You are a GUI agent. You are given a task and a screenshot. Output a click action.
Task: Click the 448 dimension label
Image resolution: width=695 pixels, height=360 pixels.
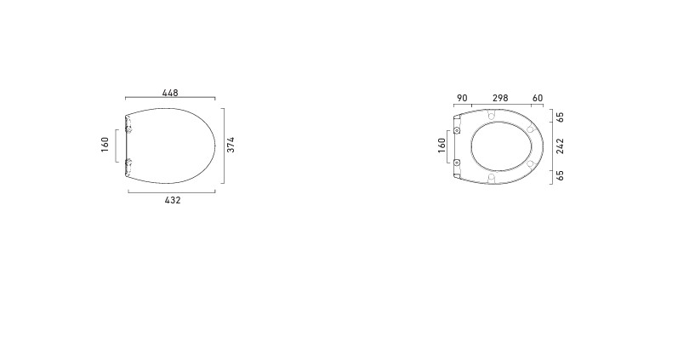coord(170,93)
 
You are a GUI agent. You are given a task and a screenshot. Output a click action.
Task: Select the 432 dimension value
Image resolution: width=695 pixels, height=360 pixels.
coord(173,200)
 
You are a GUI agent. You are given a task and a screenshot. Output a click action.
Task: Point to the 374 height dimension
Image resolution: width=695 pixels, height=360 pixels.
coord(231,145)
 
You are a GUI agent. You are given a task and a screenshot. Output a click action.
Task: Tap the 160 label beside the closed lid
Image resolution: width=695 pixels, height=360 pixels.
coord(105,145)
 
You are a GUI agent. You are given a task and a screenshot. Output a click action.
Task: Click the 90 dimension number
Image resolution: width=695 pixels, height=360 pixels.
coord(462,98)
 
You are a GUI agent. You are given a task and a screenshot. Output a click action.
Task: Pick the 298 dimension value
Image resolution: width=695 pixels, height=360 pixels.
coord(500,98)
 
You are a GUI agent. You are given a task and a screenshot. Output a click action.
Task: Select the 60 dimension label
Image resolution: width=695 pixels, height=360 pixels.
coord(538,98)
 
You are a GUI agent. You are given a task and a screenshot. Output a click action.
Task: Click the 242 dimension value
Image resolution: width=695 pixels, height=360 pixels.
coord(561,146)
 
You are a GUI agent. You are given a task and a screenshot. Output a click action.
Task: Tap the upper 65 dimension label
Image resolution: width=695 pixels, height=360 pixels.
coord(561,117)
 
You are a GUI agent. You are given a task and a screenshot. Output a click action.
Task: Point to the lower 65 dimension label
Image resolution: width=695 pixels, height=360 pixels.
coord(561,175)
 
